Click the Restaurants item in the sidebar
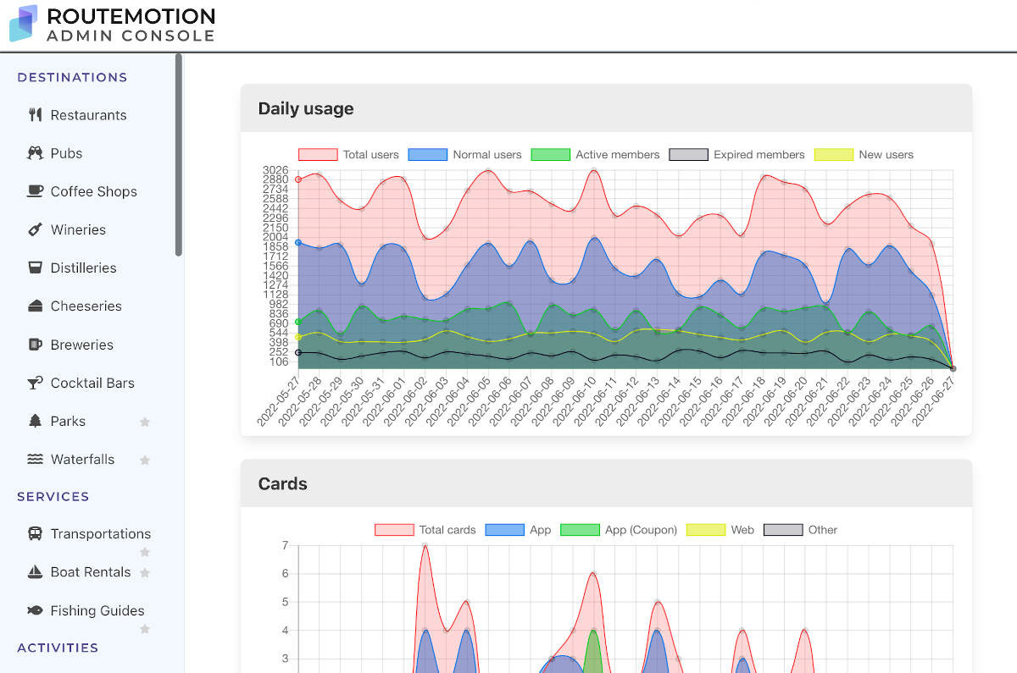pyautogui.click(x=88, y=115)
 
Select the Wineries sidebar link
pyautogui.click(x=78, y=229)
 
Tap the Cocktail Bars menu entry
pyautogui.click(x=92, y=383)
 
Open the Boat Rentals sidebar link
pyautogui.click(x=90, y=571)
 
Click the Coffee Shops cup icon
pyautogui.click(x=35, y=191)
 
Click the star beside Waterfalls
pyautogui.click(x=145, y=460)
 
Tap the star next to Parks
pyautogui.click(x=145, y=422)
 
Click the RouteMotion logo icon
pyautogui.click(x=23, y=23)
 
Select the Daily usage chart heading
pyautogui.click(x=306, y=108)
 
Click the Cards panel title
pyautogui.click(x=282, y=483)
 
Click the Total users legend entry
pyautogui.click(x=348, y=155)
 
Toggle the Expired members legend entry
pyautogui.click(x=736, y=155)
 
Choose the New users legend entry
pyautogui.click(x=864, y=155)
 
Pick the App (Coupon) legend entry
pyautogui.click(x=619, y=530)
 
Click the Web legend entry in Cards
pyautogui.click(x=719, y=530)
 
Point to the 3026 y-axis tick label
pyautogui.click(x=275, y=170)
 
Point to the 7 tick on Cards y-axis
pyautogui.click(x=285, y=545)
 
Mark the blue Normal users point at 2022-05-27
pyautogui.click(x=298, y=242)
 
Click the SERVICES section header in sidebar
pyautogui.click(x=53, y=496)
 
